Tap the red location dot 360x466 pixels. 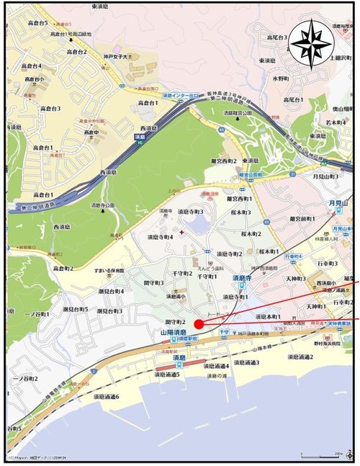coord(199,324)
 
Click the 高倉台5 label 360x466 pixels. coord(35,23)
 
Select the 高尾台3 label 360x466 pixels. coord(276,37)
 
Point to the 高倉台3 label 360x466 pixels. coord(49,108)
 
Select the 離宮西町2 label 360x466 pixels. coord(224,161)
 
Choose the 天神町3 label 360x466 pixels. coord(294,278)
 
